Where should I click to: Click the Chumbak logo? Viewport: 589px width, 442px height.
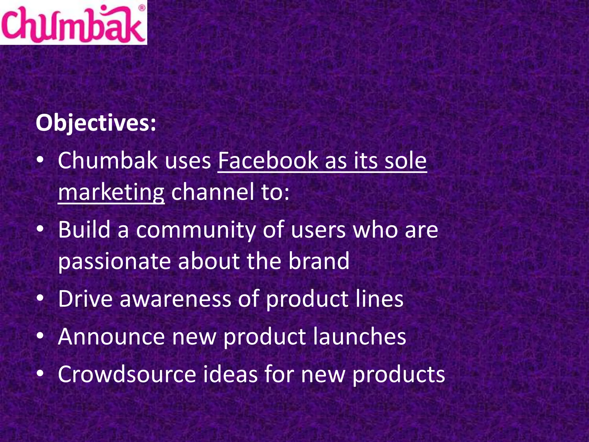[x=73, y=23]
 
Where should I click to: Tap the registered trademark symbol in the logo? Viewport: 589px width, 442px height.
[x=142, y=8]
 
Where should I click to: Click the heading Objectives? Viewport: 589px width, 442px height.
[x=96, y=123]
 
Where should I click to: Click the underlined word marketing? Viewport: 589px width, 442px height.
[x=111, y=192]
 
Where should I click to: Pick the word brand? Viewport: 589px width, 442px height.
[x=319, y=261]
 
